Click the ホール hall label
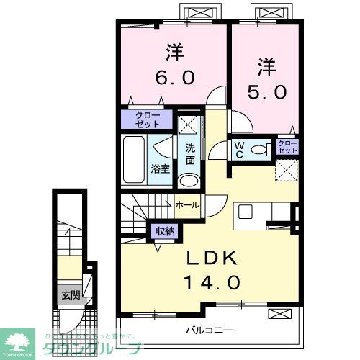coord(189,205)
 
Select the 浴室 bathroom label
coord(160,168)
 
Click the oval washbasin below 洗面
coord(188,180)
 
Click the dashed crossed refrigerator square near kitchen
coord(287,171)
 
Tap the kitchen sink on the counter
coord(246,212)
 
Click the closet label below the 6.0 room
coord(146,120)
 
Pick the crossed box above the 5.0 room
coord(263,12)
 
